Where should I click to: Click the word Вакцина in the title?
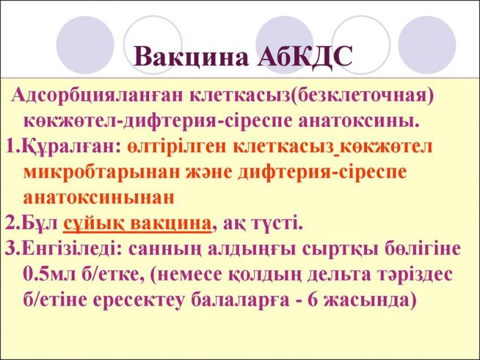tap(191, 56)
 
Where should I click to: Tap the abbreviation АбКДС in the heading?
tap(304, 56)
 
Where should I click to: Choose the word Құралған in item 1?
tap(68, 147)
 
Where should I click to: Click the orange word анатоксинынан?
tap(99, 198)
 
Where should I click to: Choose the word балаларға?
tap(241, 300)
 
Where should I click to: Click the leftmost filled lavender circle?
tap(85, 45)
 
